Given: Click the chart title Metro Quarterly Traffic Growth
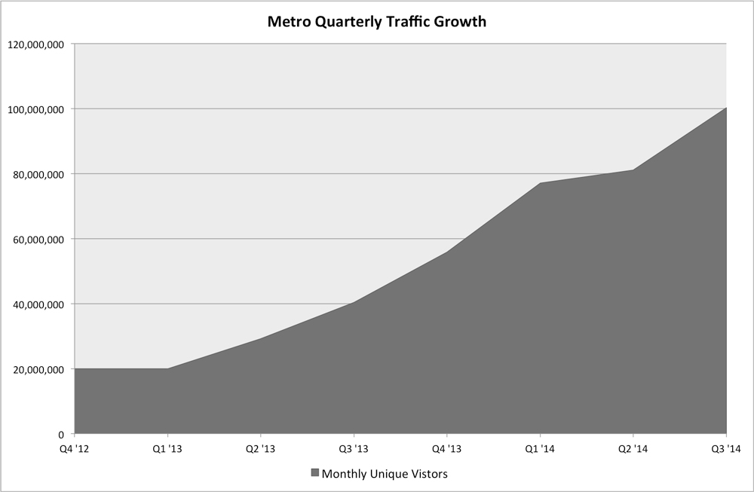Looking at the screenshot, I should [377, 22].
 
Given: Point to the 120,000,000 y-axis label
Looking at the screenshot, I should [37, 44].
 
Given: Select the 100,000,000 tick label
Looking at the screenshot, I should [37, 109].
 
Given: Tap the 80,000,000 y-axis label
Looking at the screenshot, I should [39, 174].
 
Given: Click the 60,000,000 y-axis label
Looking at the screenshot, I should [39, 240].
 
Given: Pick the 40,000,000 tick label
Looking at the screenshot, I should [39, 304].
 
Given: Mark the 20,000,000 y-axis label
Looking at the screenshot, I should [39, 369].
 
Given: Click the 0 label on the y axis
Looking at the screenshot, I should [63, 435].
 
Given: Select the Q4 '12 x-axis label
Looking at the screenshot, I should [74, 450].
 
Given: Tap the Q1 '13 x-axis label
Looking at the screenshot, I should [167, 450].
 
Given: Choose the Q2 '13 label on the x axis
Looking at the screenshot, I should [260, 450].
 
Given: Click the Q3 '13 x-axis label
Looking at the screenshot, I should [354, 450].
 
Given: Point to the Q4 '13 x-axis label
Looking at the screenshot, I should [446, 450].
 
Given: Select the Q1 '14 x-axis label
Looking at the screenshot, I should [540, 450].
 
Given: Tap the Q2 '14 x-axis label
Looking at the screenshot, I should [633, 450].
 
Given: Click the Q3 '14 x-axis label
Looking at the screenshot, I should [725, 450].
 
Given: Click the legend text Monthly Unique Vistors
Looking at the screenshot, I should [385, 474].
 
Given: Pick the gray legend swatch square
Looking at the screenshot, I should [314, 474].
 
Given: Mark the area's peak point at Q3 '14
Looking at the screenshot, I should [725, 108].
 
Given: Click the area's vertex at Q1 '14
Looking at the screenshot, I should [540, 183].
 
